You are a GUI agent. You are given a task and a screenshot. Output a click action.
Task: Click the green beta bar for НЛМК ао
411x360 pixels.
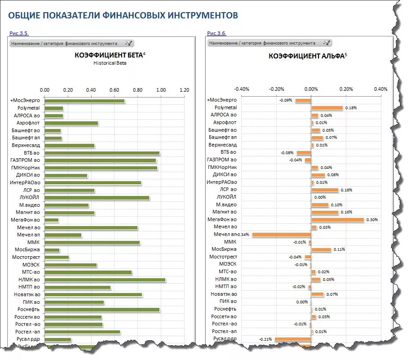[105, 280]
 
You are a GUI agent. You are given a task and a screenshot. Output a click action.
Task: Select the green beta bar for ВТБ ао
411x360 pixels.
[102, 153]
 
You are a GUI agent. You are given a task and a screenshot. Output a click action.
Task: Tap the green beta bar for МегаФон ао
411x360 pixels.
[52, 220]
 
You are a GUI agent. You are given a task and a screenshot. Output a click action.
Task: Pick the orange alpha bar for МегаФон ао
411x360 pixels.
[337, 220]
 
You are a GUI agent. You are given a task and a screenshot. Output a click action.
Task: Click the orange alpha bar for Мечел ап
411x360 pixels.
[282, 235]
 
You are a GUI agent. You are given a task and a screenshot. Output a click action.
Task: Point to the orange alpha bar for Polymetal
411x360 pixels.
[327, 108]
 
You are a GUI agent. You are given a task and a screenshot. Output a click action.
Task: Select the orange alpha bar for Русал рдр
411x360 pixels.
[293, 339]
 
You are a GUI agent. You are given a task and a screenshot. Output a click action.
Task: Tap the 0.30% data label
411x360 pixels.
[372, 220]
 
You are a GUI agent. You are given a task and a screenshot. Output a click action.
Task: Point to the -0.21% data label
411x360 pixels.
[266, 339]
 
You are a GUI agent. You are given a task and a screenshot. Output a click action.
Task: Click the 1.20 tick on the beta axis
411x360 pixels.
[184, 90]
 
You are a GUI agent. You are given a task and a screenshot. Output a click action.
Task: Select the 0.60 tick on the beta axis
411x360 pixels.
[115, 90]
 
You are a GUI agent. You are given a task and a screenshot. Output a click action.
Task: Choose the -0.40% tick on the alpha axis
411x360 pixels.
[242, 89]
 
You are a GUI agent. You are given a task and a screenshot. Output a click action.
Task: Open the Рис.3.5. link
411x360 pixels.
[19, 33]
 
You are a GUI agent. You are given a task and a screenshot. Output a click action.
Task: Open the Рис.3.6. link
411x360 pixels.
[217, 33]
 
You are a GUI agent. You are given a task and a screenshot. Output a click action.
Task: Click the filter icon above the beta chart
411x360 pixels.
[129, 43]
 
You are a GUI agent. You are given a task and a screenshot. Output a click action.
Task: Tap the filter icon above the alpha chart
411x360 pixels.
[327, 43]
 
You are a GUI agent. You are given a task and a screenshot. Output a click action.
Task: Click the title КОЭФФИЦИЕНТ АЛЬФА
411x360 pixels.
[306, 56]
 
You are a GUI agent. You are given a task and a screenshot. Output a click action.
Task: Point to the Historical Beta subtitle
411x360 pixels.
[110, 63]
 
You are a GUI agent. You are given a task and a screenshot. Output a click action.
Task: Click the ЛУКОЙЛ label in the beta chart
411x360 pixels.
[30, 197]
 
